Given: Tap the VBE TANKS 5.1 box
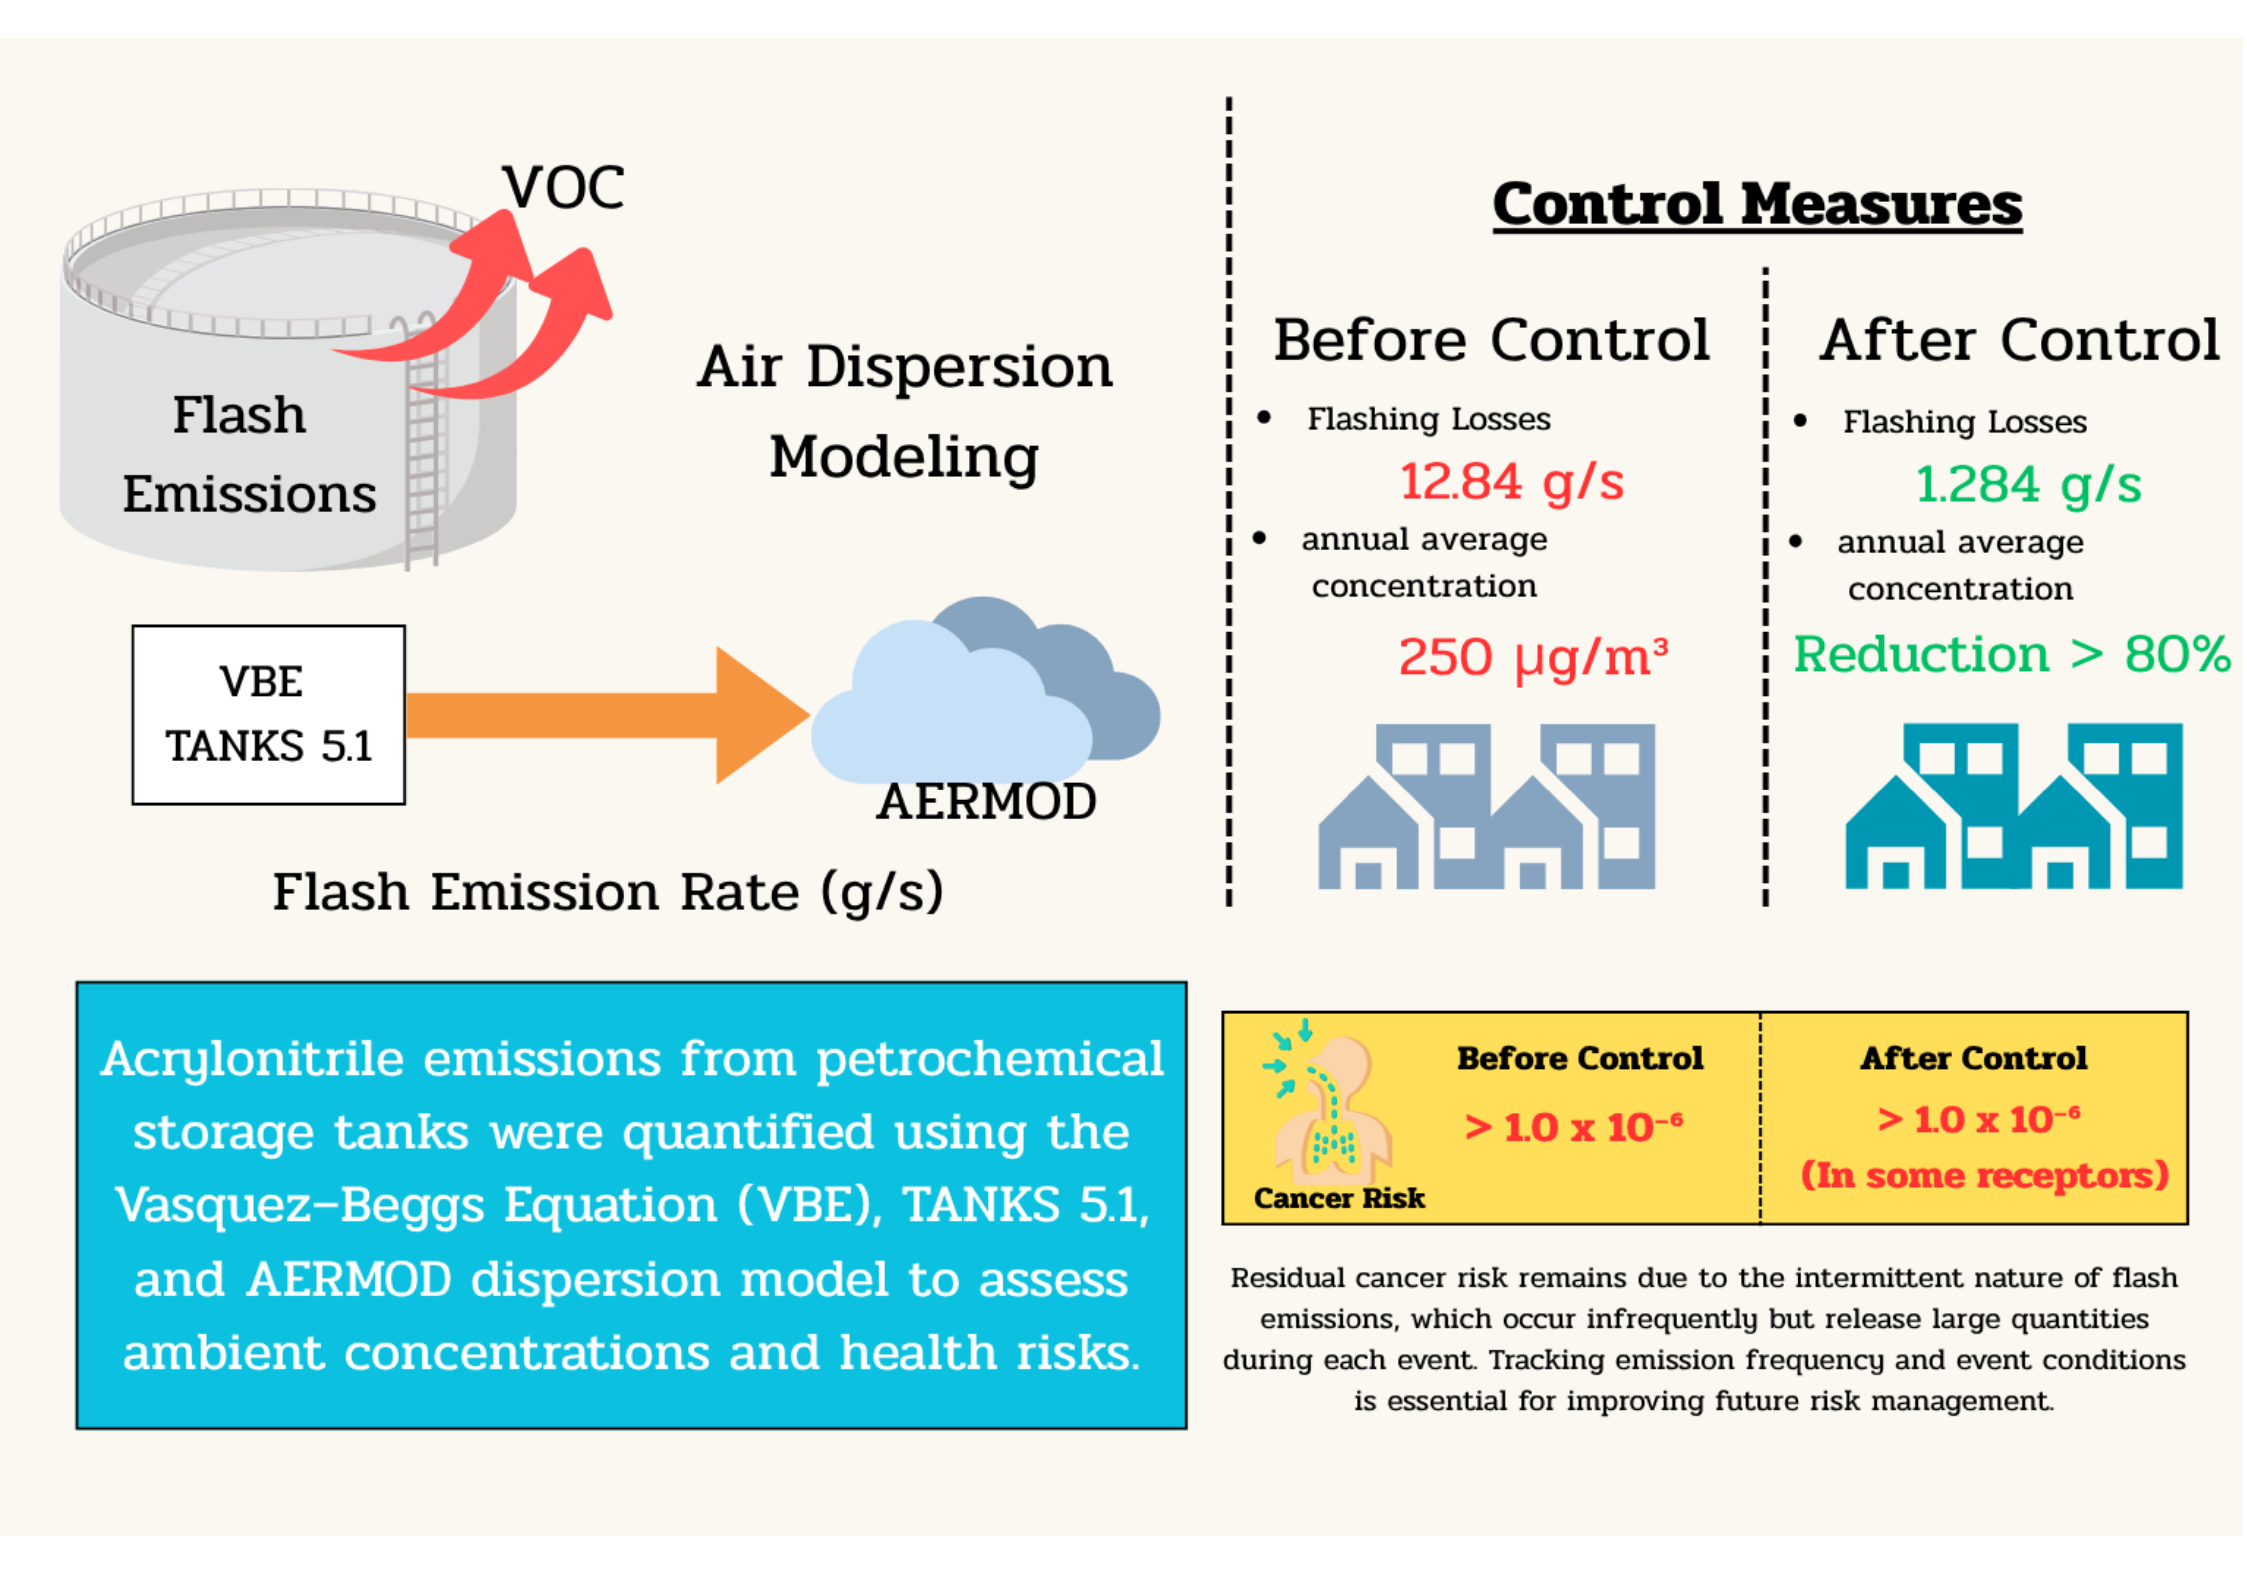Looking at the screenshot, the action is pyautogui.click(x=268, y=715).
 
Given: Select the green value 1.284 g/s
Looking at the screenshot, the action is pyautogui.click(x=2028, y=484).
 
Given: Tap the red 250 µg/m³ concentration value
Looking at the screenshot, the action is pyautogui.click(x=1533, y=657).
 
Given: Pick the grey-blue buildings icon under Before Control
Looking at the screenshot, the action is pyautogui.click(x=1486, y=806).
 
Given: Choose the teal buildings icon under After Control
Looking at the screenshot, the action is pyautogui.click(x=2014, y=806).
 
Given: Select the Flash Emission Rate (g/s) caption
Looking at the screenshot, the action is pyautogui.click(x=608, y=892).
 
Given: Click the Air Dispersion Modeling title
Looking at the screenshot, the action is pyautogui.click(x=904, y=412).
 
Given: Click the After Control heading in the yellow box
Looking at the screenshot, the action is pyautogui.click(x=1974, y=1059).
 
